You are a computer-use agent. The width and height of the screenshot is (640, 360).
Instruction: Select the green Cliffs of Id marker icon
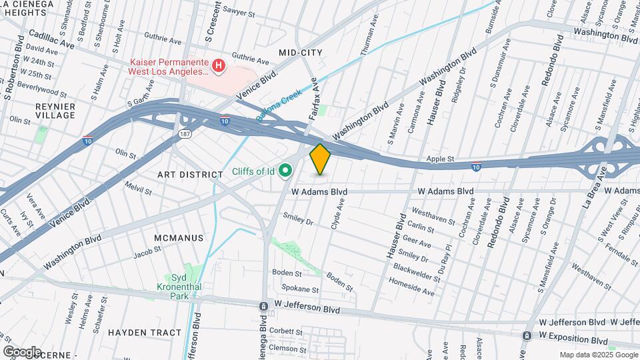tap(287, 172)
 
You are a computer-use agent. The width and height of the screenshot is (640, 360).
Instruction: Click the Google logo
tap(21, 351)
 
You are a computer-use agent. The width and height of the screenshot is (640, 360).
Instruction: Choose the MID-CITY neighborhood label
tap(300, 52)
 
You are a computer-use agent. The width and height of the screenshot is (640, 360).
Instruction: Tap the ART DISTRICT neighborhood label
tap(190, 174)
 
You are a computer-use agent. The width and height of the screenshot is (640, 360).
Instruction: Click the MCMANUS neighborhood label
tap(178, 238)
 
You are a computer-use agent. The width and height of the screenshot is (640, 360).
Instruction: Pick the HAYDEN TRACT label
tap(144, 332)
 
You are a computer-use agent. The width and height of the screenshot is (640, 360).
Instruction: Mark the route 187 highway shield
tap(183, 135)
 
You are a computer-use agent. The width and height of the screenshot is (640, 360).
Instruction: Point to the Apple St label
tap(440, 159)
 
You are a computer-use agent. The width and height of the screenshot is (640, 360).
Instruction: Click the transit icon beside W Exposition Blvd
tap(527, 335)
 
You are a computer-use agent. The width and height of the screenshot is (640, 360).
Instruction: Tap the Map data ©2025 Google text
tap(597, 355)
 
